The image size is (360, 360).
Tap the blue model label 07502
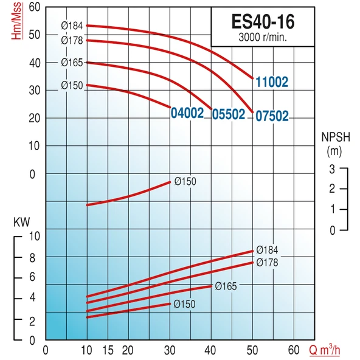point(271,115)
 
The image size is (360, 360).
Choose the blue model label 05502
point(228,114)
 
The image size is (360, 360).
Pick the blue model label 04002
point(187,112)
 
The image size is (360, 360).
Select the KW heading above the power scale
point(21,223)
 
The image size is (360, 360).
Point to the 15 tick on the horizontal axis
point(107,351)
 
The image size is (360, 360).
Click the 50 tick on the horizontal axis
point(252,351)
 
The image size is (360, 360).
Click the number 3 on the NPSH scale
point(332,168)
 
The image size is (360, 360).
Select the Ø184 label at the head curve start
point(72,25)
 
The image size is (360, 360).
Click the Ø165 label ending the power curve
point(225,286)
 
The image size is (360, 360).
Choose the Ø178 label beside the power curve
point(267,263)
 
